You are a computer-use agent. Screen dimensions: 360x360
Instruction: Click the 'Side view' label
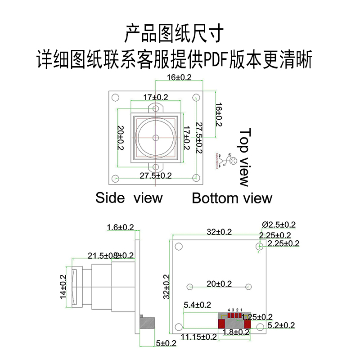(x=129, y=198)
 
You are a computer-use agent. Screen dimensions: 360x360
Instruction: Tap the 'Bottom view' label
(x=232, y=198)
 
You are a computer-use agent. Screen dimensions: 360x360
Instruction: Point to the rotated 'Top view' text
(x=245, y=157)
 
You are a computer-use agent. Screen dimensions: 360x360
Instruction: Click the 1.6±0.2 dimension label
(x=121, y=227)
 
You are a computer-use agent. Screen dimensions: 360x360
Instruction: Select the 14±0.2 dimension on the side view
(x=63, y=287)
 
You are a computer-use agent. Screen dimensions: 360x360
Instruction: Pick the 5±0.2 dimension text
(x=166, y=343)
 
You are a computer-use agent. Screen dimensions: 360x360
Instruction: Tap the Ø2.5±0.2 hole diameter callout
(x=279, y=225)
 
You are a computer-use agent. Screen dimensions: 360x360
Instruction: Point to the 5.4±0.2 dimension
(x=197, y=305)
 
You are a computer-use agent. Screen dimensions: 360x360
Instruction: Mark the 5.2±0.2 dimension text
(x=281, y=325)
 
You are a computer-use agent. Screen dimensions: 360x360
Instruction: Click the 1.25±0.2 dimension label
(x=257, y=317)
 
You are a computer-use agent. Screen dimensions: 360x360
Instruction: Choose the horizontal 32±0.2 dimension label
(x=219, y=232)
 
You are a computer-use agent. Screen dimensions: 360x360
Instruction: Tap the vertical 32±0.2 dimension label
(x=166, y=287)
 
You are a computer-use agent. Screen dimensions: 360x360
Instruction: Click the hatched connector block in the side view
(x=148, y=323)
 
